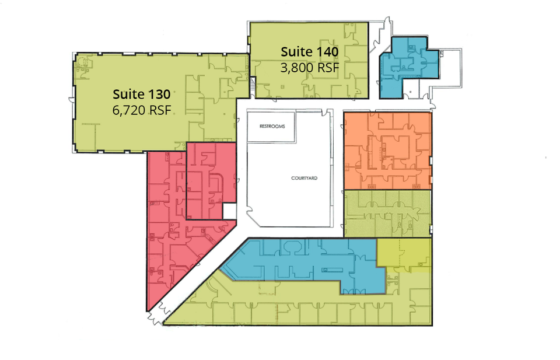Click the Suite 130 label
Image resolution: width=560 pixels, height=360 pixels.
[141, 95]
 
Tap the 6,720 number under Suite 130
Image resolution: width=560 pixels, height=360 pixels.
[128, 110]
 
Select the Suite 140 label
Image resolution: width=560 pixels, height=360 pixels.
[309, 52]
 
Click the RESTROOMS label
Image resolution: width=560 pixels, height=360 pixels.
[272, 127]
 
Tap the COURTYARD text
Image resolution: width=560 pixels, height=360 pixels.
[304, 178]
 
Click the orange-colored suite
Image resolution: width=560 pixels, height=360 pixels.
[387, 151]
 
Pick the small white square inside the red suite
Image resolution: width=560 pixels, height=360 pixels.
[230, 211]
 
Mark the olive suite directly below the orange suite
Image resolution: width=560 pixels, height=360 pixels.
[387, 214]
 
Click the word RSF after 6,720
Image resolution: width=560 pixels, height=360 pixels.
[160, 110]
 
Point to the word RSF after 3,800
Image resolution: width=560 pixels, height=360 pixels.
[327, 68]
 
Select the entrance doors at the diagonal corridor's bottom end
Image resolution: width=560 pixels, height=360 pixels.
[157, 314]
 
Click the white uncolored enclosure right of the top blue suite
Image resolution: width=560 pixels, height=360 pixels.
[448, 68]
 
